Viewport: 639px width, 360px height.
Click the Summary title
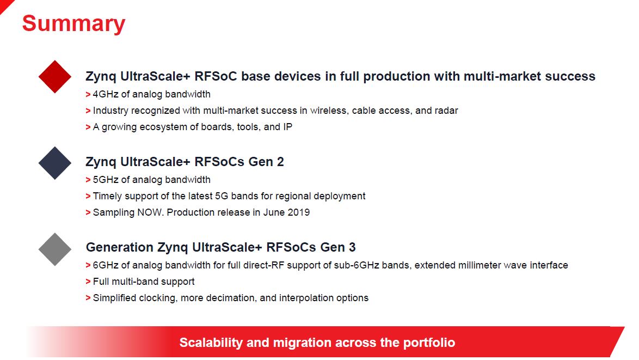tap(74, 24)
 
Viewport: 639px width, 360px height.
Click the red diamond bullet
tap(54, 77)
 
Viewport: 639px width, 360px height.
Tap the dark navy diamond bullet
tap(54, 163)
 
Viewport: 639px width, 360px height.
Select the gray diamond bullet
tap(54, 249)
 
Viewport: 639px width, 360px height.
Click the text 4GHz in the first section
tap(106, 94)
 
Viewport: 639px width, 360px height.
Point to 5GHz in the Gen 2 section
tap(106, 180)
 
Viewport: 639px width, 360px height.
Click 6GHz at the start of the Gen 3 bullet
tap(106, 265)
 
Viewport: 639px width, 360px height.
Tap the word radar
tap(446, 111)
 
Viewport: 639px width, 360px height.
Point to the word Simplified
tap(114, 298)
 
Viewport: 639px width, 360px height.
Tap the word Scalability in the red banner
tap(211, 343)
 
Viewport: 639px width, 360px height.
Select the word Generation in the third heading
tap(120, 247)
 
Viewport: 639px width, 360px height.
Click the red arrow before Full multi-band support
tap(88, 282)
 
